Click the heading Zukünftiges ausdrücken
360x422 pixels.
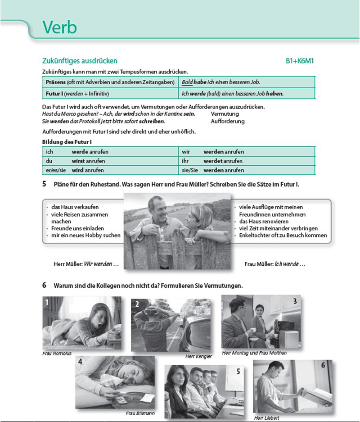tap(79, 61)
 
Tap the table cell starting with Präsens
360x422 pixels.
tap(111, 82)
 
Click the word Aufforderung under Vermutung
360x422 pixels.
tap(228, 121)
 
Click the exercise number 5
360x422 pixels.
tap(44, 184)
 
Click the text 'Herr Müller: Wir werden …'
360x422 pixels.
tap(86, 264)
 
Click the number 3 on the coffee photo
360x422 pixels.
tap(295, 301)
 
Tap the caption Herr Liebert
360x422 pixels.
tap(266, 417)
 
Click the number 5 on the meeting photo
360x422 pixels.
tap(238, 371)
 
